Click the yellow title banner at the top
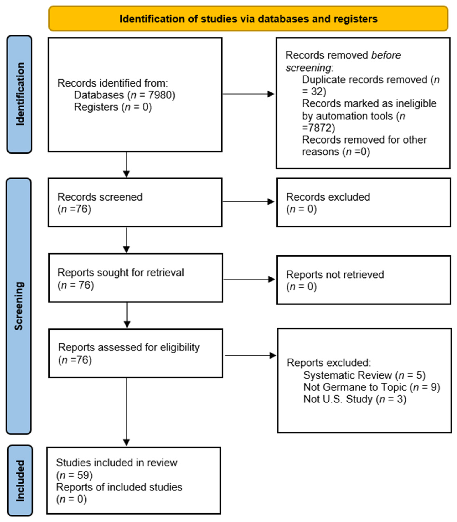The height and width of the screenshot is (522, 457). [248, 19]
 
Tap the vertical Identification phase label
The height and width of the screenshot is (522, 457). [20, 94]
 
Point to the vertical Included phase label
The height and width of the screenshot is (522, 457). [20, 481]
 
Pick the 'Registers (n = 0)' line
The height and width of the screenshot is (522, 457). [113, 107]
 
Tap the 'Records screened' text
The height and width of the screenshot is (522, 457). [100, 197]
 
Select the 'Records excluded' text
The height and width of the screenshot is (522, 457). [328, 197]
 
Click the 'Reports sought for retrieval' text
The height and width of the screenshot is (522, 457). [121, 273]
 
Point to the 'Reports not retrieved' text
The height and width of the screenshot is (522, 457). [335, 274]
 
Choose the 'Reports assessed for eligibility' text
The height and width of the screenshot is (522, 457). [129, 348]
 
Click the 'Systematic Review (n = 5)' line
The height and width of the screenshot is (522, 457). [364, 375]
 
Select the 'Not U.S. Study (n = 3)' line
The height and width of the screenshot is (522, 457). [355, 399]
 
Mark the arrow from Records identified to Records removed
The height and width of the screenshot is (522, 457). [249, 94]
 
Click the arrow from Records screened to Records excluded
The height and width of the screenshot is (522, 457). [249, 202]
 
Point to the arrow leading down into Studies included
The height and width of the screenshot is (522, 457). [126, 412]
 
